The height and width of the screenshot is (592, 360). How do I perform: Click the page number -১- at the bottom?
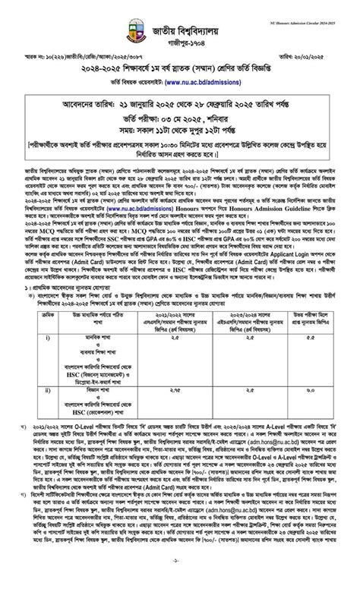tap(180, 581)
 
